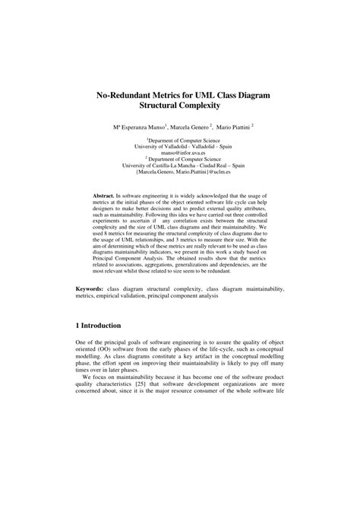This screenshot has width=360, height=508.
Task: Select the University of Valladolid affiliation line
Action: coord(179,145)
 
